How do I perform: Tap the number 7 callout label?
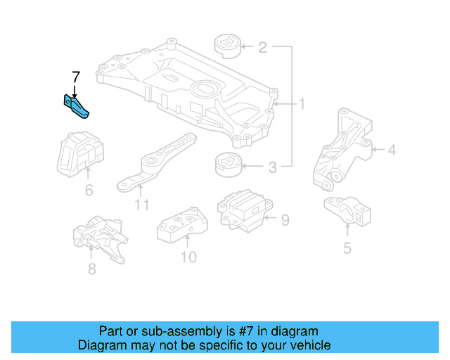click(x=76, y=76)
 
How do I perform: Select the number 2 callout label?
click(x=262, y=48)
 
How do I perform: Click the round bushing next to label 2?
click(x=227, y=47)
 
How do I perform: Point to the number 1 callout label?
click(x=302, y=105)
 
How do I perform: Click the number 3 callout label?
click(x=272, y=167)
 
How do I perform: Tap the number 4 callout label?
click(x=392, y=149)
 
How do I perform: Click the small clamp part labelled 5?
click(x=346, y=210)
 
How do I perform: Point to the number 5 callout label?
click(x=347, y=247)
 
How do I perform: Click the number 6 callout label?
click(x=89, y=190)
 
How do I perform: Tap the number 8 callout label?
click(x=91, y=269)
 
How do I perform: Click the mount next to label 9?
click(x=242, y=209)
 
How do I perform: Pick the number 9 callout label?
click(x=285, y=221)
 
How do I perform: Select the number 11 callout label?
click(x=141, y=205)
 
